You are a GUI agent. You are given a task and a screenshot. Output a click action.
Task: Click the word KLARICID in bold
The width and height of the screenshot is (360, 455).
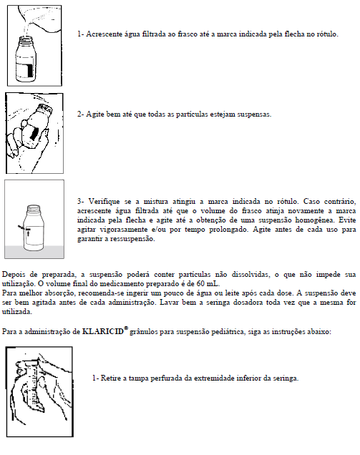tap(103, 331)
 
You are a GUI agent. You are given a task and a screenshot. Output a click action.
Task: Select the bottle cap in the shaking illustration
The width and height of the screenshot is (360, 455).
tap(45, 108)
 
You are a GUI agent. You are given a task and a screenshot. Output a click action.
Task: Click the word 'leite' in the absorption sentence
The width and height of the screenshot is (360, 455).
tap(233, 293)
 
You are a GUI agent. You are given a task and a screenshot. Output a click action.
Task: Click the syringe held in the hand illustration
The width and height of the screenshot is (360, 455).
tap(34, 383)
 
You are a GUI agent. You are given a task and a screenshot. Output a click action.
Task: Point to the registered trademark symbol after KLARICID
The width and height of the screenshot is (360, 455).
tap(126, 328)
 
